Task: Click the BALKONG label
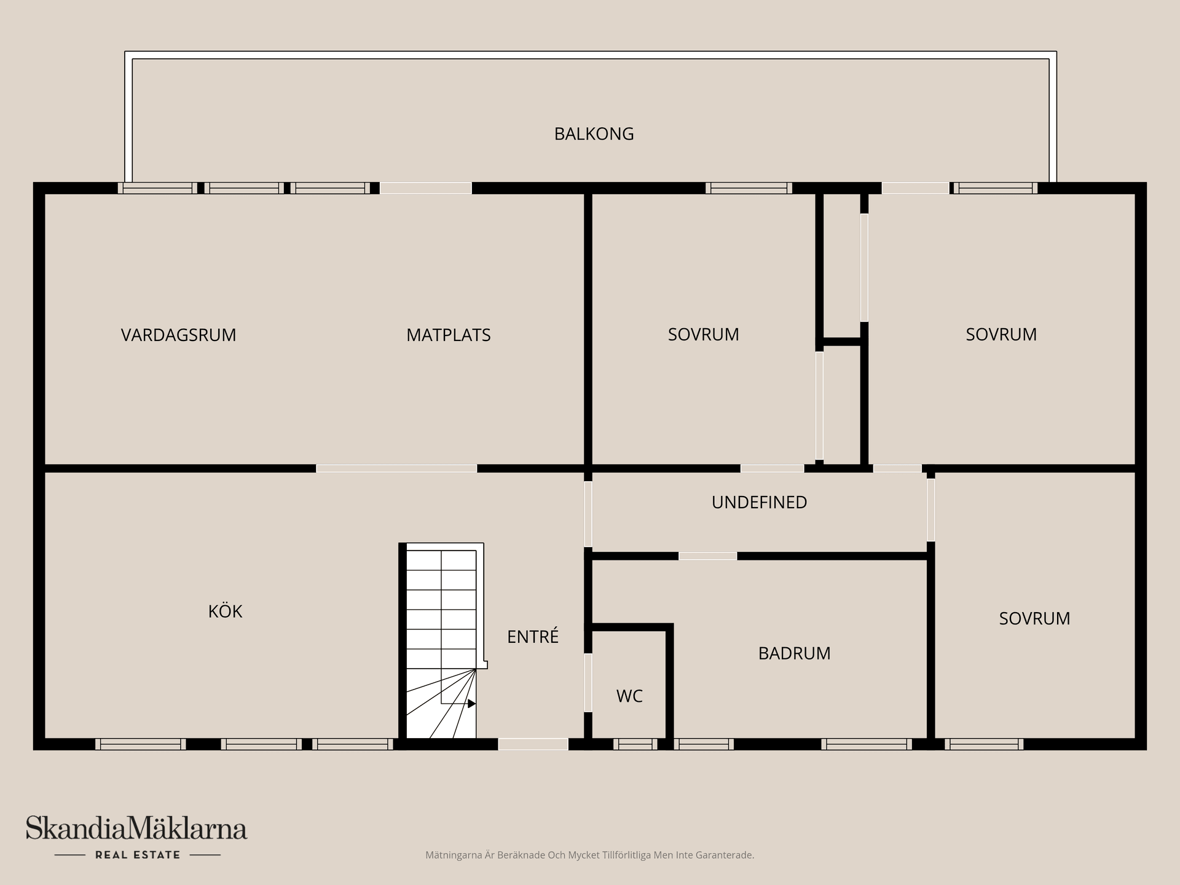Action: [594, 134]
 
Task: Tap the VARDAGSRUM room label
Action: [178, 335]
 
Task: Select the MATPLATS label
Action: [448, 335]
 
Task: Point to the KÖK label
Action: [225, 612]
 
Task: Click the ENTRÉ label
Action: [532, 637]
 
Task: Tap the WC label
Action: [629, 696]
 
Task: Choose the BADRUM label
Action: [794, 653]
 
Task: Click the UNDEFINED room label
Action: [759, 502]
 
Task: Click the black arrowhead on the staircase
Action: [471, 704]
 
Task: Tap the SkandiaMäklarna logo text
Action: [136, 828]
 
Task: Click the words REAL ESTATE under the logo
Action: [138, 855]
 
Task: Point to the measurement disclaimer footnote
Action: [589, 855]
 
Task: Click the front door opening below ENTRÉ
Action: [533, 744]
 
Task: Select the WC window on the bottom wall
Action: [635, 744]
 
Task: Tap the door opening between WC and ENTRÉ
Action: [588, 683]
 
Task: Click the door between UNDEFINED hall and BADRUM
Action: [707, 556]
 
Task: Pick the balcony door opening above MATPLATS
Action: [425, 188]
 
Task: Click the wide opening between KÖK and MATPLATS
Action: [396, 469]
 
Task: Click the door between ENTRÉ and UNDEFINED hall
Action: [588, 514]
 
